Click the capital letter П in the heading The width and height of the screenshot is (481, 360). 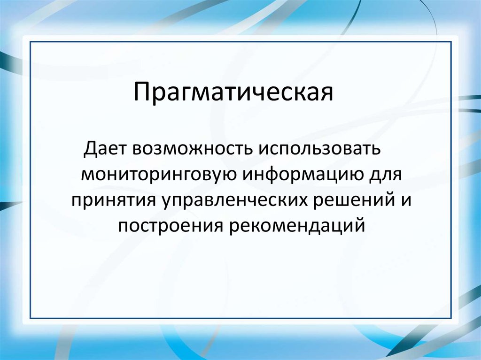141,92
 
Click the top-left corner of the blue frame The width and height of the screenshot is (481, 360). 30,42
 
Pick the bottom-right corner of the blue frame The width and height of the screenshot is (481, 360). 451,318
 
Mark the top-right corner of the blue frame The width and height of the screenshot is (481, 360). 451,42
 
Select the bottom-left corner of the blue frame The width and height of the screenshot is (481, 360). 30,318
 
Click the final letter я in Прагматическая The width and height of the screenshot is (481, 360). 327,94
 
